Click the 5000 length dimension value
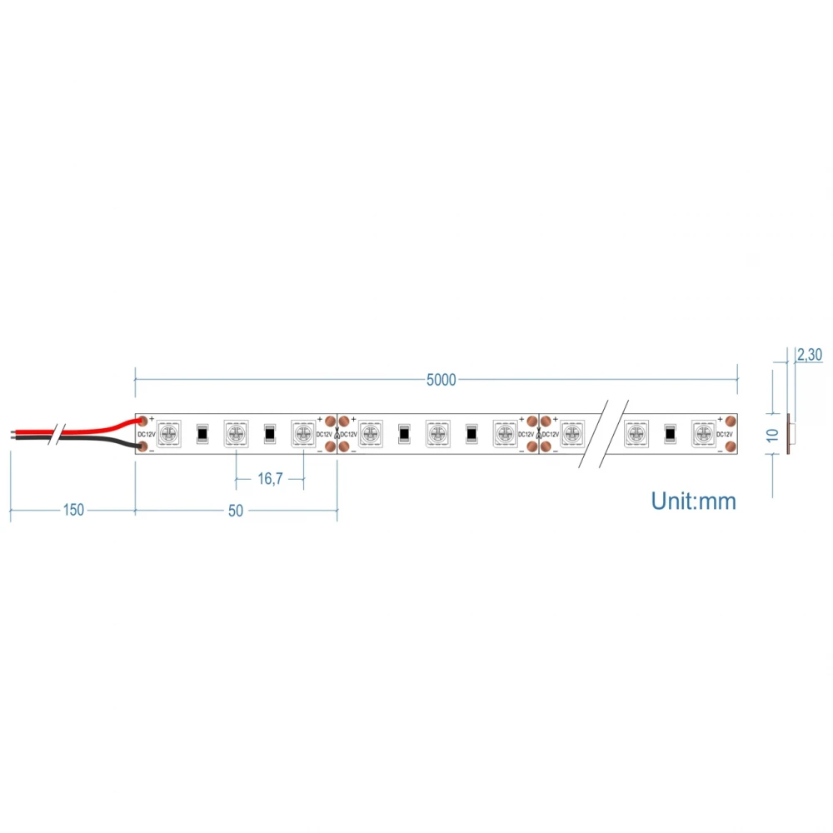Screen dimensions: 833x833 click(x=441, y=380)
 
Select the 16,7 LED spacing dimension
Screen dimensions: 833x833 click(x=269, y=478)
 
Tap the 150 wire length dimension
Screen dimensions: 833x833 click(x=73, y=510)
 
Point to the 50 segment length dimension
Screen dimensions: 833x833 click(x=236, y=510)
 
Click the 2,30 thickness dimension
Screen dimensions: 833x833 click(x=809, y=355)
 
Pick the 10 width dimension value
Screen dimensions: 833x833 click(x=772, y=434)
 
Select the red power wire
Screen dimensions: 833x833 click(x=92, y=431)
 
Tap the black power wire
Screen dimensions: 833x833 click(x=92, y=439)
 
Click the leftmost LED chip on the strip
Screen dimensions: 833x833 click(x=168, y=433)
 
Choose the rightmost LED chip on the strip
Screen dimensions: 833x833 click(x=704, y=433)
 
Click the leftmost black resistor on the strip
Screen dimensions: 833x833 click(x=202, y=433)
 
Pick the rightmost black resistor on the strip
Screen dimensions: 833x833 click(x=670, y=433)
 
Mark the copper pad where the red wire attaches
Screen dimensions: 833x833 click(x=142, y=421)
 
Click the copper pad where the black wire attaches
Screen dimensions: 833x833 click(x=142, y=447)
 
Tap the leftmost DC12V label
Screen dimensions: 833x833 click(x=147, y=434)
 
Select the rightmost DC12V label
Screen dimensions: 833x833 click(x=725, y=434)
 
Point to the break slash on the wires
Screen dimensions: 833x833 click(x=54, y=434)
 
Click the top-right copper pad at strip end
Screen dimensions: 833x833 click(x=731, y=421)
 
